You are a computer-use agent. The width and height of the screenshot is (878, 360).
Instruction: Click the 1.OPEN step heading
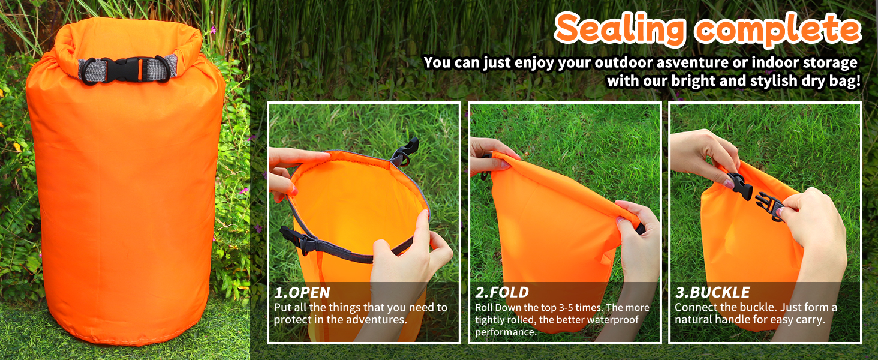point(302,292)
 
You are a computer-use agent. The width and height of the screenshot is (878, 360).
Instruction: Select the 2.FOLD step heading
point(502,292)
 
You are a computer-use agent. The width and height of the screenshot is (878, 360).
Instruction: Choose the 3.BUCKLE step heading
point(712,292)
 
